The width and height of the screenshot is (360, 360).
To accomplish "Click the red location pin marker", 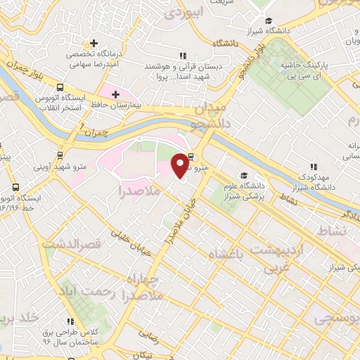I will (x=181, y=166).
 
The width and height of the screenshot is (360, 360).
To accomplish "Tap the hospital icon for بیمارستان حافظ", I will (x=115, y=93).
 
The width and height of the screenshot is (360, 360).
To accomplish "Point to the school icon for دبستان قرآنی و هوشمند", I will (x=183, y=56).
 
